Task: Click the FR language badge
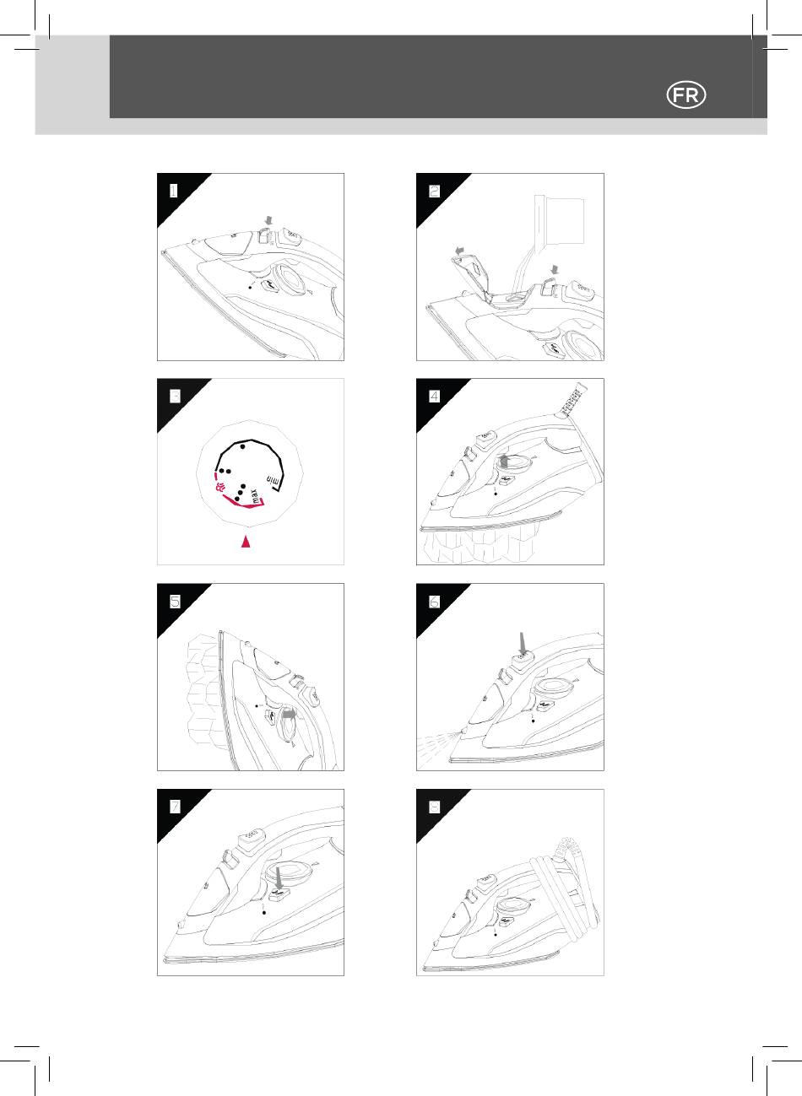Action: (x=686, y=95)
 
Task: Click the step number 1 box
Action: (x=173, y=191)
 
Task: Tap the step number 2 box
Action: (x=434, y=191)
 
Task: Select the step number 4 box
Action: (x=434, y=396)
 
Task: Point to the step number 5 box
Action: (x=175, y=602)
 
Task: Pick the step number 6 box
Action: (x=434, y=602)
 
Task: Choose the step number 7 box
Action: (x=175, y=807)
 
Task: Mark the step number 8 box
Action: (x=434, y=807)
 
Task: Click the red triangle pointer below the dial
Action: (x=246, y=542)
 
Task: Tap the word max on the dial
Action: (x=255, y=495)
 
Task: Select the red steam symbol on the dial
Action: (x=219, y=487)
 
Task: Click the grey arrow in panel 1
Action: (x=267, y=221)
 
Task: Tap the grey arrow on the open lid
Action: (x=460, y=251)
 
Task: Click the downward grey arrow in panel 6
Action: (x=523, y=642)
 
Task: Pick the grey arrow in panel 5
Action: (x=290, y=715)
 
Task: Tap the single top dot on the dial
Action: (x=243, y=446)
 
